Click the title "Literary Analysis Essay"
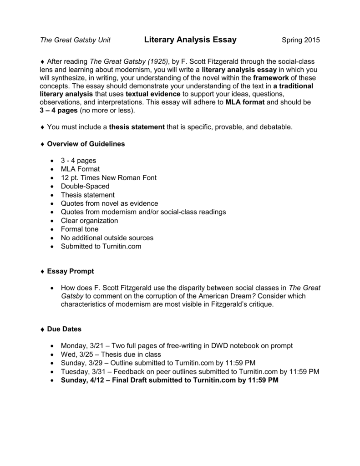190,40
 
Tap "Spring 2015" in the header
301,41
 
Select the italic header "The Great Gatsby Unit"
75,41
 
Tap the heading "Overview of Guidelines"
86,144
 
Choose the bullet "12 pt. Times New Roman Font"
109,177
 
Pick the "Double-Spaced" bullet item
85,186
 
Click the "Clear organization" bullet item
90,220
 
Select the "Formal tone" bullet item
80,229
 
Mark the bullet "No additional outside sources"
107,238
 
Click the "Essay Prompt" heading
71,271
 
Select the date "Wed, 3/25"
76,355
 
